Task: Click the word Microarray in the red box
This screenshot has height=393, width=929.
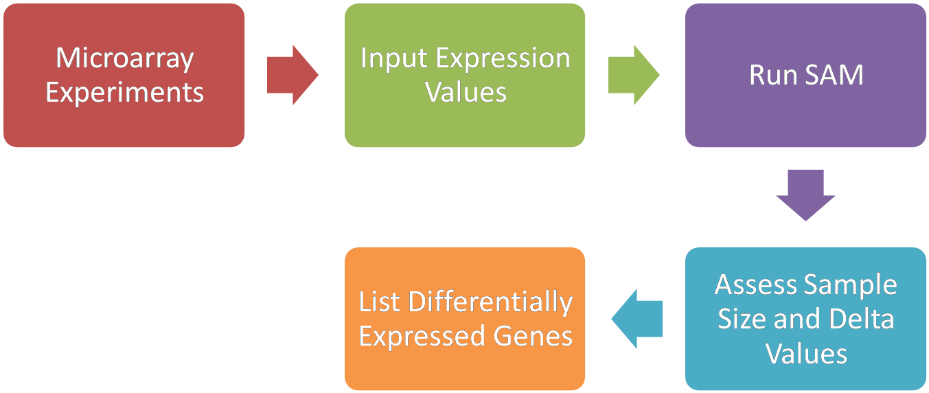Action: click(124, 59)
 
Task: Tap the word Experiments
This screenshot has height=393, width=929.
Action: click(124, 93)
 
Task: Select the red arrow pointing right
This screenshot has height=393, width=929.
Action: click(293, 75)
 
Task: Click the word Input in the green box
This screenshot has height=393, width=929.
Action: click(393, 58)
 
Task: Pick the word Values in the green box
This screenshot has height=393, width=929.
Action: click(466, 92)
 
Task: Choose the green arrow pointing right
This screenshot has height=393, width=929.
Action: click(634, 75)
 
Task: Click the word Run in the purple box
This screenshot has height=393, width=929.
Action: click(773, 75)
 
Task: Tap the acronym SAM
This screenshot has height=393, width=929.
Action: click(834, 75)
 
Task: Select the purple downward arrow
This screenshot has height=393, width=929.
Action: click(805, 195)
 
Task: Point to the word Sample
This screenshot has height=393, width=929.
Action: click(851, 287)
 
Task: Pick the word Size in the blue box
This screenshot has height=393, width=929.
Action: click(742, 319)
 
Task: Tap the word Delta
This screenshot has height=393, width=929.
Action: click(862, 319)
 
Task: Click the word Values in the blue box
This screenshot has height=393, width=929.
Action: click(806, 354)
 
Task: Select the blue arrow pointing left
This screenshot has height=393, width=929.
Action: click(636, 319)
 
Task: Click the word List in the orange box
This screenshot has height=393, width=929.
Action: click(379, 302)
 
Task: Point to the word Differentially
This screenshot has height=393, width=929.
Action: click(490, 304)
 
